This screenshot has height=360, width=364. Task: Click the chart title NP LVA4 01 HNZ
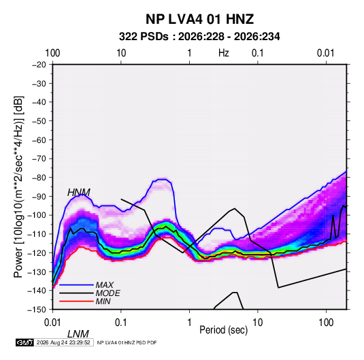(199, 19)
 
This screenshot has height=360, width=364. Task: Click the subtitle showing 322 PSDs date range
(199, 37)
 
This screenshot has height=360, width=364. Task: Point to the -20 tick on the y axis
(39, 65)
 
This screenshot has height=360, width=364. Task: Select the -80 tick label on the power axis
(39, 178)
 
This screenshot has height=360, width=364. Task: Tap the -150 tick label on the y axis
(37, 310)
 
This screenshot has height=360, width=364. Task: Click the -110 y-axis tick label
(37, 234)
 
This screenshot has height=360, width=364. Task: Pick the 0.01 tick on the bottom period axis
(52, 323)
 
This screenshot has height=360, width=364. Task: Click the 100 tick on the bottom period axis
(326, 323)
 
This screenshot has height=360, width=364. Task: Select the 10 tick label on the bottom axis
(257, 323)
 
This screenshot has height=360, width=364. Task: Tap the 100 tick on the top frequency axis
(52, 53)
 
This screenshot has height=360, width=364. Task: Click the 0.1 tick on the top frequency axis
(258, 53)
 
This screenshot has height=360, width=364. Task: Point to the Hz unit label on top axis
(224, 53)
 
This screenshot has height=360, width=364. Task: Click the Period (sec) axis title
(224, 330)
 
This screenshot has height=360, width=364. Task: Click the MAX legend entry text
(105, 285)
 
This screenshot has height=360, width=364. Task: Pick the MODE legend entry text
(107, 293)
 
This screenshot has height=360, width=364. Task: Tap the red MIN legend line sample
(76, 301)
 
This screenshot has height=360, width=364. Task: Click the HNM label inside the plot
(79, 193)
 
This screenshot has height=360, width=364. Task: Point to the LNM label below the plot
(78, 334)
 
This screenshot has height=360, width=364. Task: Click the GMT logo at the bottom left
(25, 342)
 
